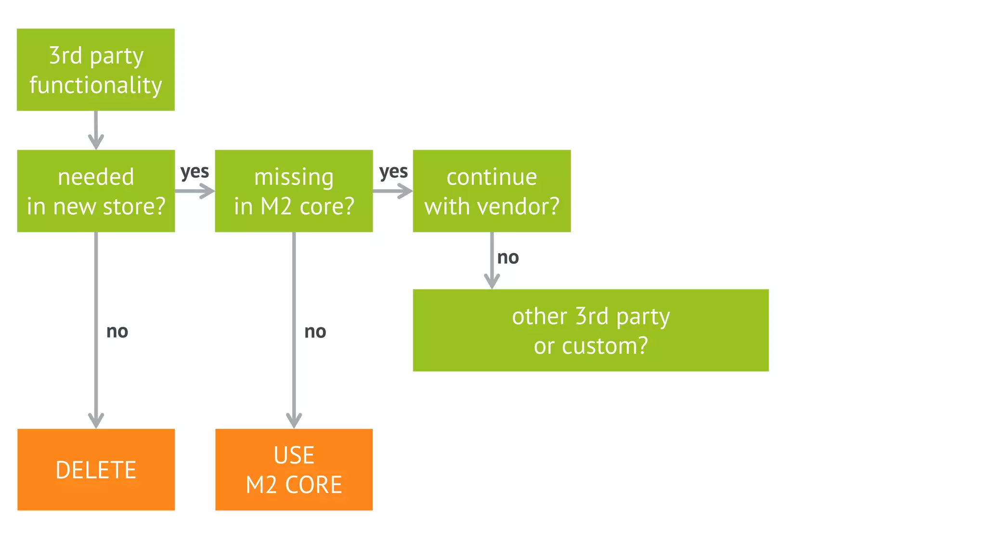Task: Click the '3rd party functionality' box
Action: pyautogui.click(x=96, y=70)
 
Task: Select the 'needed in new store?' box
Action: pyautogui.click(x=96, y=191)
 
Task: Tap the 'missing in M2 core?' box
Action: pyautogui.click(x=294, y=191)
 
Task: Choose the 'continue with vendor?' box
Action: pyautogui.click(x=492, y=191)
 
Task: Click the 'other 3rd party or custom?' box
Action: pyautogui.click(x=591, y=330)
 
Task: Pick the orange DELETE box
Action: pyautogui.click(x=96, y=469)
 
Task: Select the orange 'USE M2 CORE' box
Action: pyautogui.click(x=294, y=469)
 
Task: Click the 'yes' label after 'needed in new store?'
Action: pyautogui.click(x=195, y=172)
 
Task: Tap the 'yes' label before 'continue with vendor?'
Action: pyautogui.click(x=393, y=172)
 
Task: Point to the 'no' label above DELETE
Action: pyautogui.click(x=117, y=331)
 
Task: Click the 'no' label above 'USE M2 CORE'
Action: pyautogui.click(x=315, y=331)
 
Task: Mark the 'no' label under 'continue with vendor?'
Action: pyautogui.click(x=508, y=258)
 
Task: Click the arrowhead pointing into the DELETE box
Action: pyautogui.click(x=96, y=420)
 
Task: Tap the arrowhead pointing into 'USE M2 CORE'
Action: pyautogui.click(x=294, y=420)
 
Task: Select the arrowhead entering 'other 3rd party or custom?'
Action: pyautogui.click(x=492, y=281)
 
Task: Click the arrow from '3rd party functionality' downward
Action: pyautogui.click(x=96, y=130)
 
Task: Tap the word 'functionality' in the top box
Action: pyautogui.click(x=96, y=85)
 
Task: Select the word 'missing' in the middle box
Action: pyautogui.click(x=294, y=177)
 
